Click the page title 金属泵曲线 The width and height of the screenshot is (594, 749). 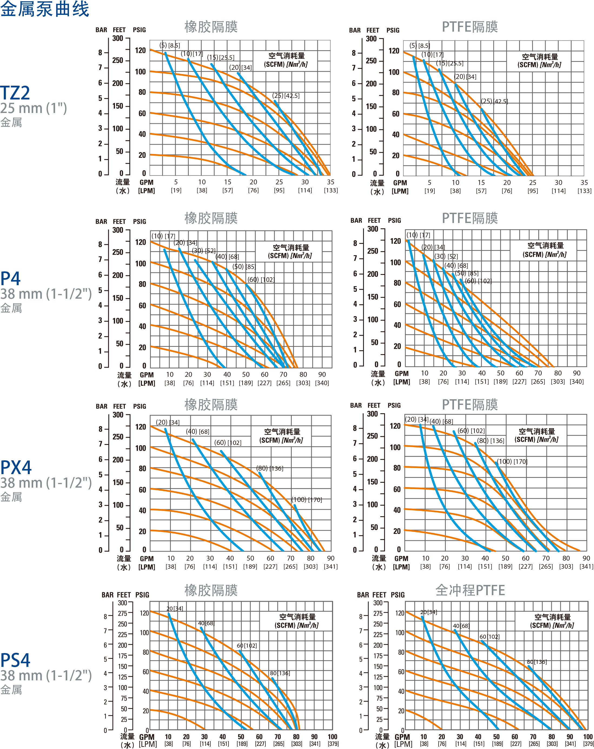point(45,9)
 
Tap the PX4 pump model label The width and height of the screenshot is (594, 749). point(16,467)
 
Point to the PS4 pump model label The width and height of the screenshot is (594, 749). point(15,660)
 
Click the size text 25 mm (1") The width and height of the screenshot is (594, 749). point(33,108)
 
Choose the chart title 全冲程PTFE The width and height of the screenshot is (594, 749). point(470,590)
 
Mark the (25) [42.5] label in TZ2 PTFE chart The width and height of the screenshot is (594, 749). point(494,101)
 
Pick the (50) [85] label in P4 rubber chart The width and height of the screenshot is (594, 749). point(244,267)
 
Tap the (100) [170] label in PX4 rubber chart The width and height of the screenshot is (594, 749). point(307,500)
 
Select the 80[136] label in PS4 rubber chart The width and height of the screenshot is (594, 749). point(280,673)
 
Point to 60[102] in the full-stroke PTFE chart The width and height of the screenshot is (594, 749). point(489,637)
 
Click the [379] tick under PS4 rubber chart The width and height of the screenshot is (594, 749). point(333,744)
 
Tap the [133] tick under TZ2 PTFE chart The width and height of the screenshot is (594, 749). point(584,191)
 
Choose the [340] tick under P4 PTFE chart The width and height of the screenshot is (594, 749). point(577,381)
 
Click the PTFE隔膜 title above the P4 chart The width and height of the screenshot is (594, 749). point(470,218)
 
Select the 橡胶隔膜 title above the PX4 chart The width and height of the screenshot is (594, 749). point(211,405)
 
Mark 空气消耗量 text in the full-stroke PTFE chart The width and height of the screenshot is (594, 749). point(552,617)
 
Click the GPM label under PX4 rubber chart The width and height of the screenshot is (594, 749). point(147,559)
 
